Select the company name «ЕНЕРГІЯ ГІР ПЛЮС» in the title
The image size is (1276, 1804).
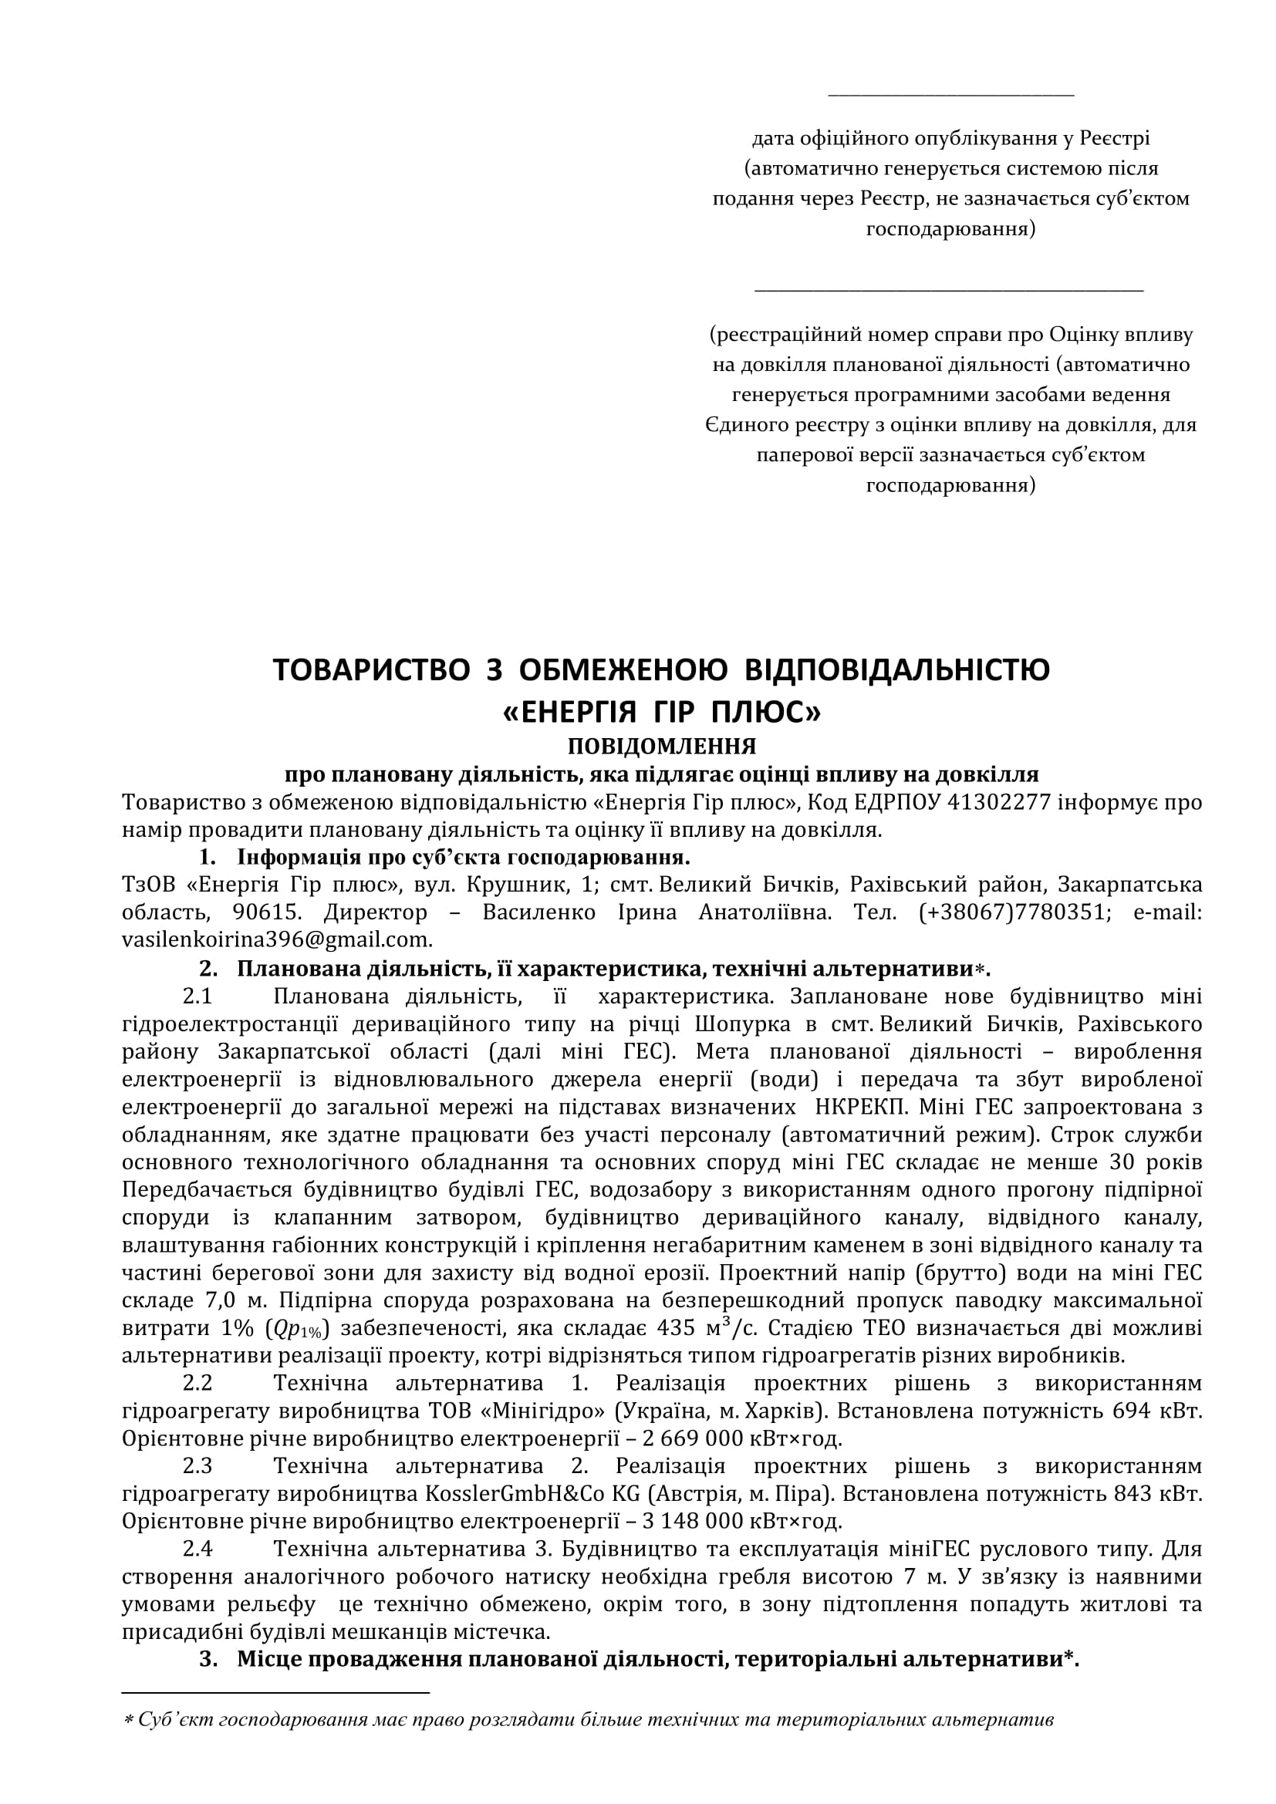(661, 712)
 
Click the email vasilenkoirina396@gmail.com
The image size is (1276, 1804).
(277, 939)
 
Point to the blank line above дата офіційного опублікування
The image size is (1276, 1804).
(950, 95)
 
